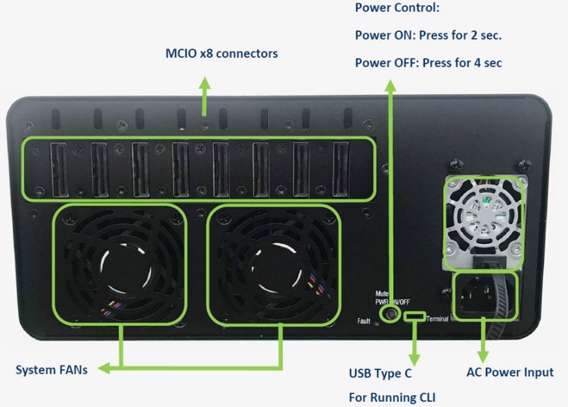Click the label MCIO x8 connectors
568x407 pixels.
[221, 53]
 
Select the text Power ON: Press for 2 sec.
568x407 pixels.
[428, 35]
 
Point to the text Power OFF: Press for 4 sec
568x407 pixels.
[428, 63]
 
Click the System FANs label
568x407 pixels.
[52, 370]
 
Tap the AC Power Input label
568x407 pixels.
[510, 372]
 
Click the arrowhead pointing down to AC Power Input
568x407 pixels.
[483, 355]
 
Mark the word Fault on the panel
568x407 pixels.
[364, 321]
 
